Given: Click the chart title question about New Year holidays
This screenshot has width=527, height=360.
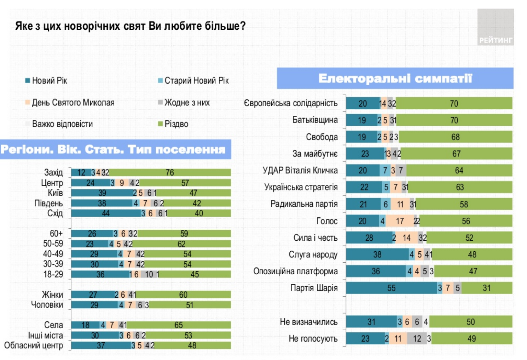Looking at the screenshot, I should click(130, 26).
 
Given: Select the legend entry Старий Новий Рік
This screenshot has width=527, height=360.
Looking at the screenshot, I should click(196, 81).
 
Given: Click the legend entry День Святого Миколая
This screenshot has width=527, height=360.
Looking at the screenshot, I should click(73, 103).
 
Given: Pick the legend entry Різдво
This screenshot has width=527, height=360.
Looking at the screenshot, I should click(176, 124).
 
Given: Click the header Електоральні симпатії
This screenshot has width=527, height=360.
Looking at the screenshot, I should click(395, 78).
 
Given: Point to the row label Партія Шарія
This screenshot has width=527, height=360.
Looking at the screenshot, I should click(314, 288).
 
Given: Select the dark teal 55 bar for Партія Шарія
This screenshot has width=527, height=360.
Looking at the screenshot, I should click(391, 288).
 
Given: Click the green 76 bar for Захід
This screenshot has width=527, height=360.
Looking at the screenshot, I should click(170, 172).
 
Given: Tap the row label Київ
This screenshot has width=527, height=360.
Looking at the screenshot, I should click(55, 193).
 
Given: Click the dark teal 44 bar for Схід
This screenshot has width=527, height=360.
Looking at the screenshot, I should click(105, 213).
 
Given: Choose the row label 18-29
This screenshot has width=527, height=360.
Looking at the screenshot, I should click(53, 274).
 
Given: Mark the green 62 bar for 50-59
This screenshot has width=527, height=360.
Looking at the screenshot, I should click(181, 244).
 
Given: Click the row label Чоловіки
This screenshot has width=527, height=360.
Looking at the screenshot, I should click(47, 305).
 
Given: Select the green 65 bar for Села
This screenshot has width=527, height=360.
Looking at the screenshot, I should click(179, 325).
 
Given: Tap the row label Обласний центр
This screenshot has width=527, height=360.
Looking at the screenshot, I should click(34, 345).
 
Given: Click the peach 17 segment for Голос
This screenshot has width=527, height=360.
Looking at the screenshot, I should click(400, 221).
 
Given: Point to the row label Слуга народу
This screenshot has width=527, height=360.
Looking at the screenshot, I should click(313, 255).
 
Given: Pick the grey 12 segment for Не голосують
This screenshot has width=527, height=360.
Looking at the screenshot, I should click(417, 339).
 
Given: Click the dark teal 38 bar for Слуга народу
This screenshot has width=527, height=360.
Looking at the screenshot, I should click(377, 255).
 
